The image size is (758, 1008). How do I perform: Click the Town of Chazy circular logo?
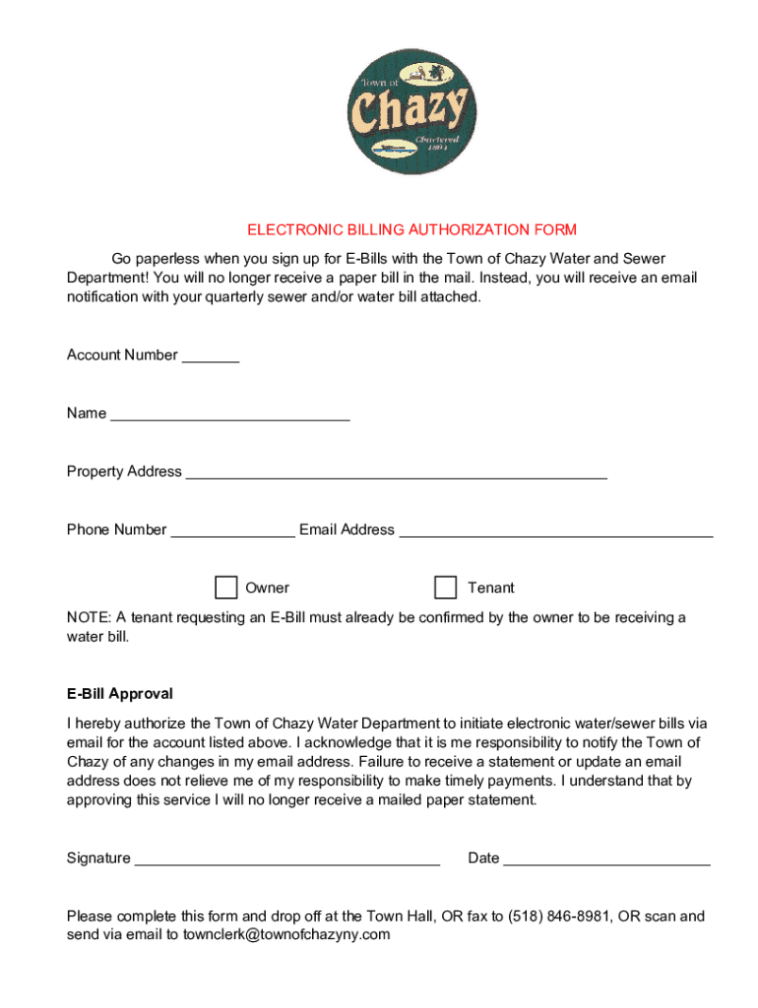412,111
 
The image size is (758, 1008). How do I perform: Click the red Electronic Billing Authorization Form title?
411,230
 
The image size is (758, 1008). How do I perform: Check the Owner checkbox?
226,588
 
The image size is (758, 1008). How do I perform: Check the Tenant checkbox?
446,588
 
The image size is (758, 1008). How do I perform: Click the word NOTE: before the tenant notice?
89,618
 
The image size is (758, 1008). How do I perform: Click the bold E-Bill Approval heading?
119,694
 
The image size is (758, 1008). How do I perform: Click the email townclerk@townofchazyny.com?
286,935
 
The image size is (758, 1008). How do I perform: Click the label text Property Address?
124,472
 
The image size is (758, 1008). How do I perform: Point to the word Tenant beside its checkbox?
490,588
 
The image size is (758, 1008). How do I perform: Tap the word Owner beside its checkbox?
267,588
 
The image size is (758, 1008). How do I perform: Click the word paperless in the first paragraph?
164,259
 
